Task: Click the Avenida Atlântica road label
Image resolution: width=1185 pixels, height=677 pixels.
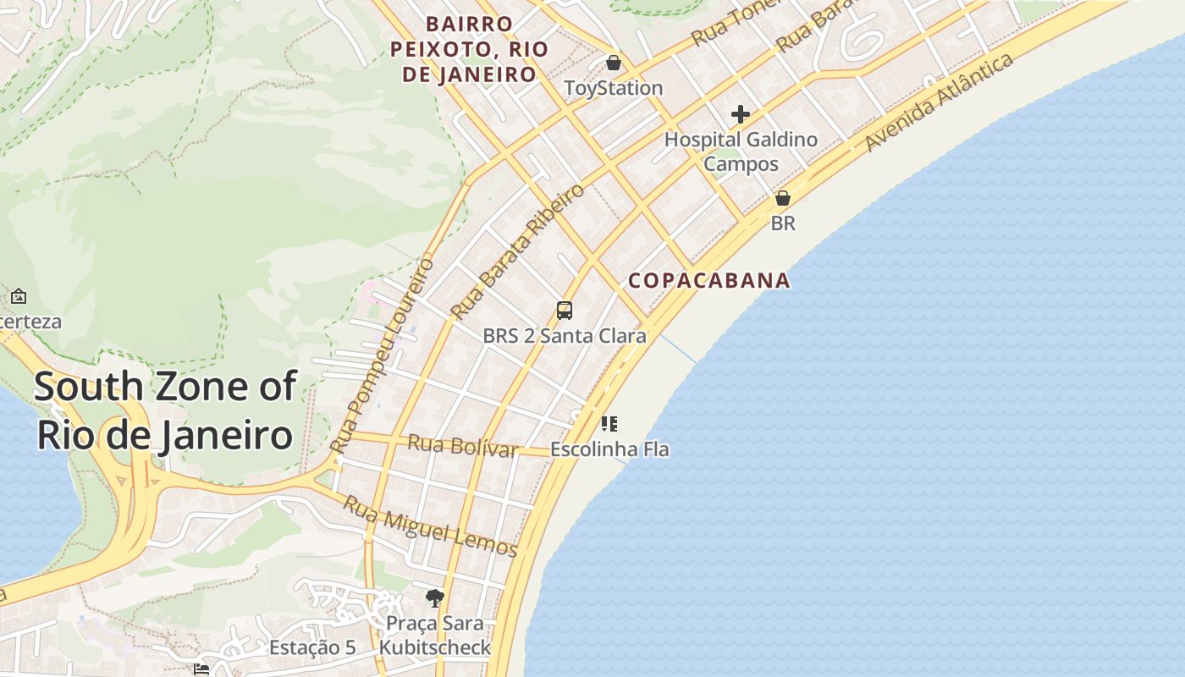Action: (x=939, y=103)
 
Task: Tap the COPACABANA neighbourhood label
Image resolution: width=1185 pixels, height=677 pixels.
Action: (x=709, y=280)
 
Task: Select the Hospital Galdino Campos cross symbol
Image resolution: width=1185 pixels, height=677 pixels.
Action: (x=741, y=114)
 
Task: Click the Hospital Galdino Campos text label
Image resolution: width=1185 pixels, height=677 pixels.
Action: (x=741, y=151)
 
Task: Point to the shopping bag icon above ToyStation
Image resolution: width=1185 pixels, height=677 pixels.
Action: (x=614, y=63)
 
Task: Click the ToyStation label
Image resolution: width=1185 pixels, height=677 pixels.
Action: (x=614, y=88)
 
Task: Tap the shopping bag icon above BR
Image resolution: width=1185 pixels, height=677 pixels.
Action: (x=783, y=198)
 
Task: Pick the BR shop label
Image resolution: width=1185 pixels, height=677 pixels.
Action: (x=783, y=223)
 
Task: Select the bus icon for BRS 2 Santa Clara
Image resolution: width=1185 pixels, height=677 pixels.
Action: (x=565, y=311)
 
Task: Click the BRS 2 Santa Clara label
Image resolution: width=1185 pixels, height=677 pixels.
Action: (x=565, y=336)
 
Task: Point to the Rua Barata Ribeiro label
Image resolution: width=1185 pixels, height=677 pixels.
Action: (x=517, y=251)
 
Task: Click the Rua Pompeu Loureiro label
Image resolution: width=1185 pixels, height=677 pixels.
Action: (x=383, y=355)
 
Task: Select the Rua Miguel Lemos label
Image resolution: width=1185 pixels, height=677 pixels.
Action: (x=430, y=527)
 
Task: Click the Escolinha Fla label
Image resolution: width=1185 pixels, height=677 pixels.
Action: (x=609, y=449)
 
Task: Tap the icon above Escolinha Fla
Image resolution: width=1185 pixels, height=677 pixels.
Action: (x=609, y=423)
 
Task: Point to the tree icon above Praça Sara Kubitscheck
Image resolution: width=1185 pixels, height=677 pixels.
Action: (x=435, y=598)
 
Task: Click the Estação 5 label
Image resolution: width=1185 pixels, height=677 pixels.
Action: (x=312, y=648)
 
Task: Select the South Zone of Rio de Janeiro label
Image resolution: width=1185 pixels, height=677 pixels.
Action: (x=165, y=411)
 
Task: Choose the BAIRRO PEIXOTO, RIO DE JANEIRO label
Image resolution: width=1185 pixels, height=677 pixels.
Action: (x=469, y=49)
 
